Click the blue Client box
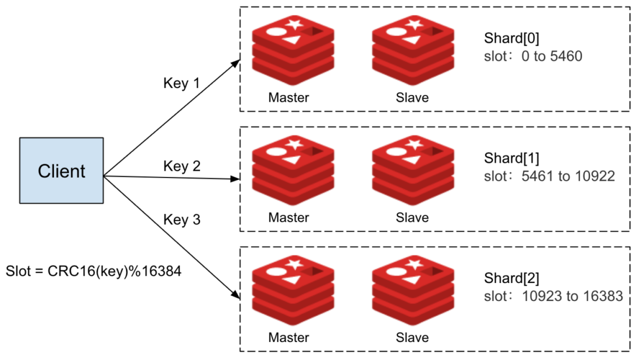61,171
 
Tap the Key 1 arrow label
181,83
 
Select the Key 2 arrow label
181,166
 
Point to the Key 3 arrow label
181,219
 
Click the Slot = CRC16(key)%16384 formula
93,271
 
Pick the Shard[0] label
512,39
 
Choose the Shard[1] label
512,159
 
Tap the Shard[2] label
512,279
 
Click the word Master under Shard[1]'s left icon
289,218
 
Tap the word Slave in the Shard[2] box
412,338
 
